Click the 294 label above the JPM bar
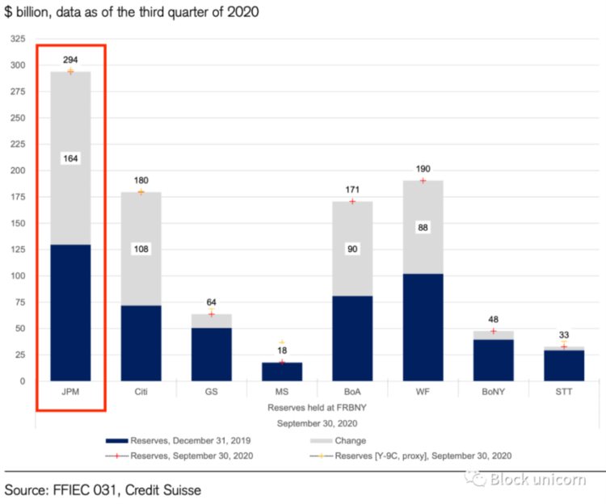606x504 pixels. tap(70, 61)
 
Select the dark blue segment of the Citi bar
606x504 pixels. tap(141, 343)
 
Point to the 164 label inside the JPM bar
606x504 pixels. tap(70, 158)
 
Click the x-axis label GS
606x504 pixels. tap(211, 392)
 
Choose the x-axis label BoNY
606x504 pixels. tap(493, 392)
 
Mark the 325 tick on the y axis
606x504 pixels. tap(17, 40)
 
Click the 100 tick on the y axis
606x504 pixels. tap(17, 276)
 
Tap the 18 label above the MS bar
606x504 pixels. tap(282, 351)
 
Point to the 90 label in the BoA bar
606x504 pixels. tap(351, 249)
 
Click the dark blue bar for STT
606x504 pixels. tap(563, 365)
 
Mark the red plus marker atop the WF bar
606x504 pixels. tap(422, 180)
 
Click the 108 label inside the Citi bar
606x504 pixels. tap(141, 250)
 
